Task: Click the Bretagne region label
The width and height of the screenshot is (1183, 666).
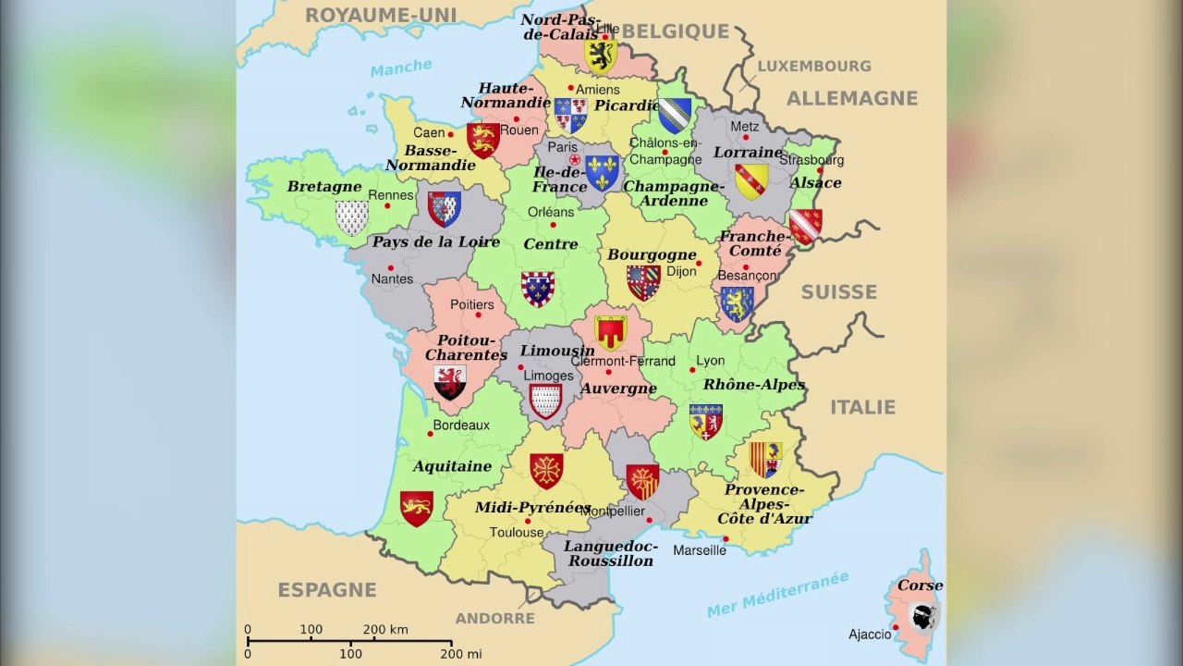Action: point(323,187)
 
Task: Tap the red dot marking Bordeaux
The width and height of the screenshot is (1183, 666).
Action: point(431,434)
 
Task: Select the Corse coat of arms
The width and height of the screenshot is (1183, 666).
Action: point(921,614)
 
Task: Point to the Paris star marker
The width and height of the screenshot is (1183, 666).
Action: point(575,159)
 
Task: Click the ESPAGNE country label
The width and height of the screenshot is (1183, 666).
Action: point(327,590)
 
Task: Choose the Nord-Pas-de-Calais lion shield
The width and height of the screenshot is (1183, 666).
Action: point(601,55)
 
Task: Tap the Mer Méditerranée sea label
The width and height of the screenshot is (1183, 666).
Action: point(777,594)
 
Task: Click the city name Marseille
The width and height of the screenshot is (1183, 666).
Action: point(700,550)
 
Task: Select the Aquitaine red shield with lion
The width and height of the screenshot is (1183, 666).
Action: point(416,508)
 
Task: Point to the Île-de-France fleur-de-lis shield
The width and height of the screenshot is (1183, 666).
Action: point(602,173)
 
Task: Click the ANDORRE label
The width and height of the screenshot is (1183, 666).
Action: point(494,618)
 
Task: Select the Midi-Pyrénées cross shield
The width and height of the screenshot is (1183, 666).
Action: point(546,471)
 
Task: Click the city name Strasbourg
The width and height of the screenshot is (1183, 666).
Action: point(811,159)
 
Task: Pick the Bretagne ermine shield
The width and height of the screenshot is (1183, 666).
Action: point(351,218)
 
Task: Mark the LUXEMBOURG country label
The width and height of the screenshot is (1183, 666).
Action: point(814,67)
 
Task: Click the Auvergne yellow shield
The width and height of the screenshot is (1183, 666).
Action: point(610,332)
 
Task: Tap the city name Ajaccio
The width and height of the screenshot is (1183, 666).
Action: point(870,635)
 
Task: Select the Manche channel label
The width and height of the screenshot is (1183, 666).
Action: point(401,68)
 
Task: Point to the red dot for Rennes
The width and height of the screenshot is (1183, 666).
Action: point(388,205)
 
